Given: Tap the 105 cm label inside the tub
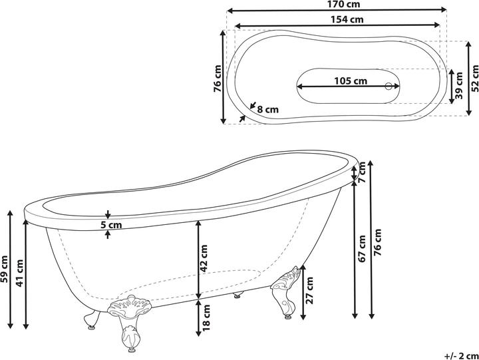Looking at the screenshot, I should pyautogui.click(x=351, y=81).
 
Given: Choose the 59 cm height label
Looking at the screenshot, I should pyautogui.click(x=5, y=270).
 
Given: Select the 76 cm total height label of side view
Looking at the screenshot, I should pyautogui.click(x=379, y=244).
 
